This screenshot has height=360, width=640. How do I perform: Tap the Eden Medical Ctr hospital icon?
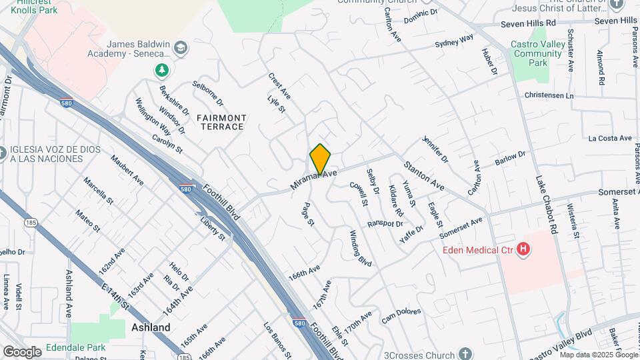524,250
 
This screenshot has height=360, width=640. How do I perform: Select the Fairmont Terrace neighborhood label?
221,122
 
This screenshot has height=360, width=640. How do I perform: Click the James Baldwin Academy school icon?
180,49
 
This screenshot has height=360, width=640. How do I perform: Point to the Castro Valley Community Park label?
537,53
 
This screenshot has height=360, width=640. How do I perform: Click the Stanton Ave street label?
423,175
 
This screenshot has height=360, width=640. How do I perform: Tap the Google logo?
22,351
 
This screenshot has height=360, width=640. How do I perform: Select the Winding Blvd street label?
360,248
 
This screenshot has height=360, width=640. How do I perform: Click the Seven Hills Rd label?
528,22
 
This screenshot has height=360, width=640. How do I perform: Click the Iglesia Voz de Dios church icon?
3,154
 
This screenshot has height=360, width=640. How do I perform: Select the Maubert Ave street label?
127,169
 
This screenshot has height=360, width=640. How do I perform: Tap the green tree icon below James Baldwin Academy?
161,69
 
